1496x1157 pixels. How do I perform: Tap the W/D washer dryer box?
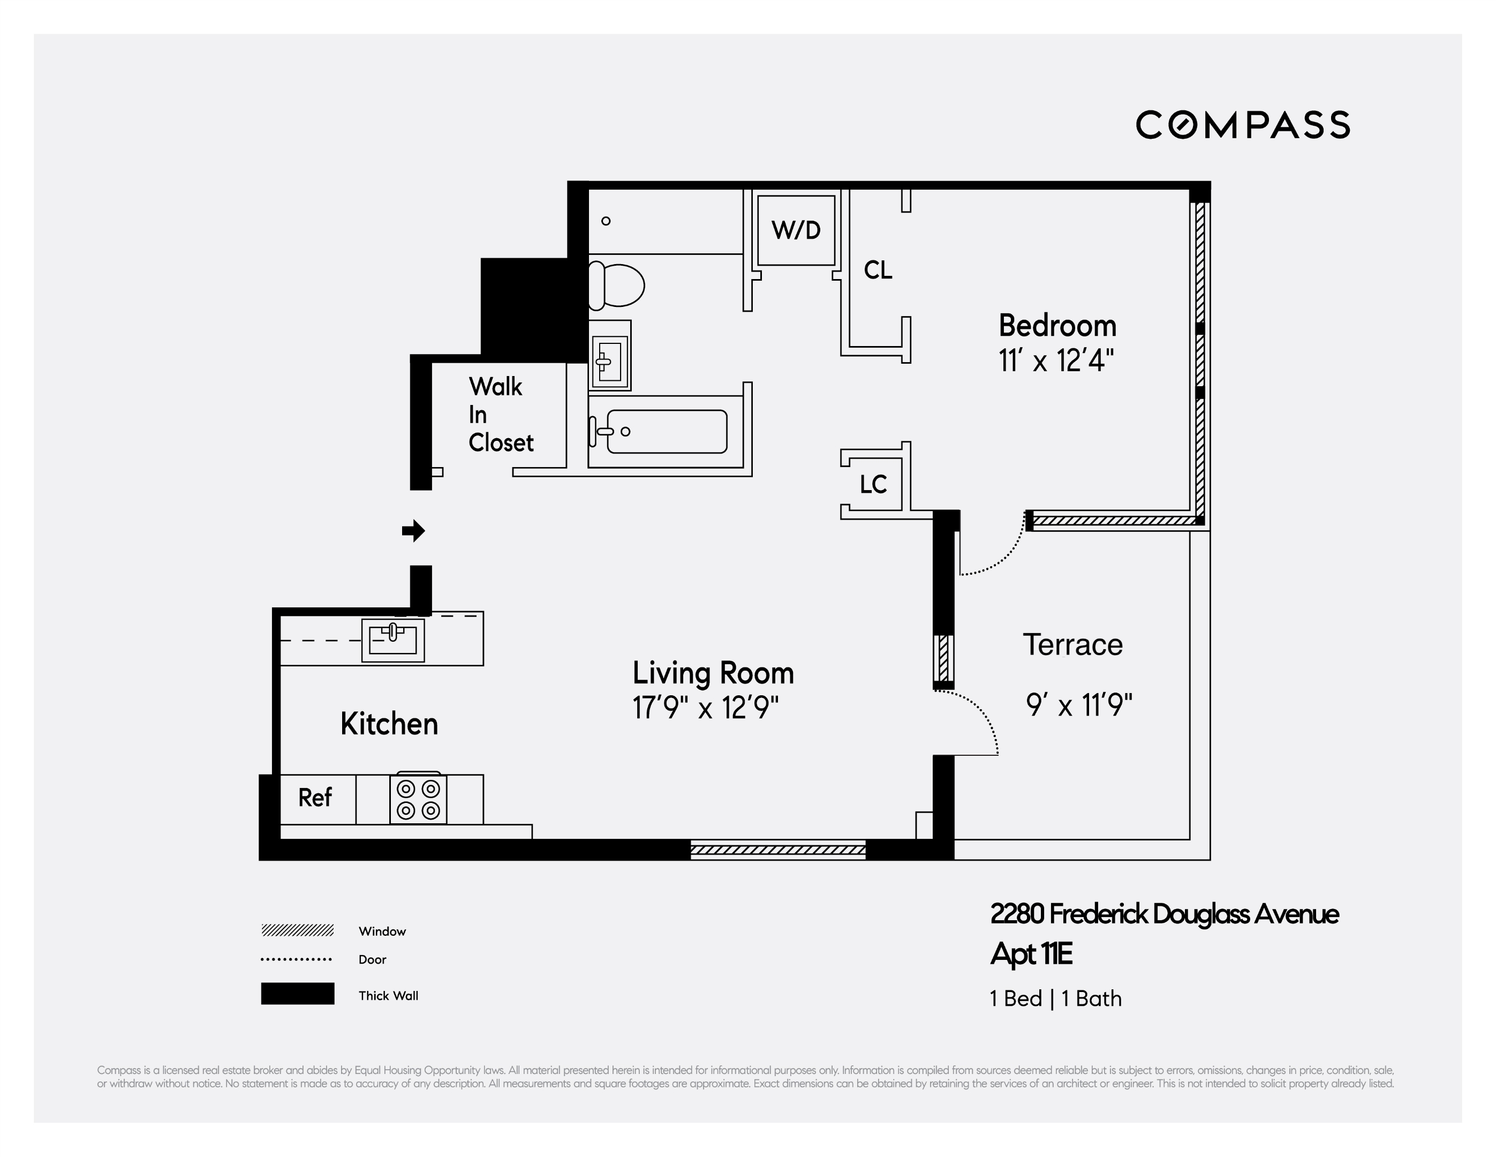795,230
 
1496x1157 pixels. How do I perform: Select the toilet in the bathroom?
616,285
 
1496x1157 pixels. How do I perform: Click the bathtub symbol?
666,432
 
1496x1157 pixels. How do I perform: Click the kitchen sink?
392,640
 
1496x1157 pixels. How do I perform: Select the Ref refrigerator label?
315,798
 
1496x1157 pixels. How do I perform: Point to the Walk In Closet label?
500,415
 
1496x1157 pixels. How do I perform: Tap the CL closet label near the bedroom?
878,270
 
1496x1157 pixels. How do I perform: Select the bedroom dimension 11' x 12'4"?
1055,360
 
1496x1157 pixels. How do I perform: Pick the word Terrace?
1072,645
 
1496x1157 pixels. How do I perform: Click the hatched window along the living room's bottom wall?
777,851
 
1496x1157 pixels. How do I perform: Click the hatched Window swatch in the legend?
297,930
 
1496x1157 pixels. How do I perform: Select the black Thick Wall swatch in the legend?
297,993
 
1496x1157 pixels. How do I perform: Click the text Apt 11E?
1031,954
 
